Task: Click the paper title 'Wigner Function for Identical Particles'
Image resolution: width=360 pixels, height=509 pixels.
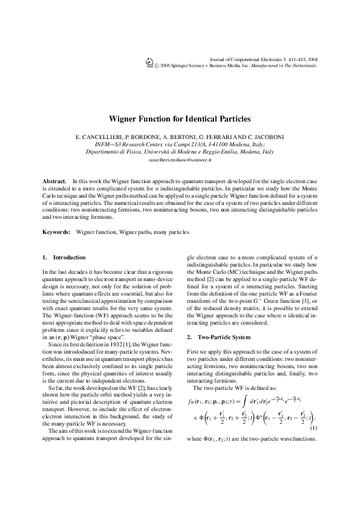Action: point(180,120)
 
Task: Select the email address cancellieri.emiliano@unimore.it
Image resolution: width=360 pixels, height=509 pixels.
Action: point(180,160)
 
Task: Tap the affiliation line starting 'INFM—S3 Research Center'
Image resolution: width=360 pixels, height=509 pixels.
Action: point(180,144)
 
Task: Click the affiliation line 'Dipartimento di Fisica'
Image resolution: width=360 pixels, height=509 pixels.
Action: point(180,152)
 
